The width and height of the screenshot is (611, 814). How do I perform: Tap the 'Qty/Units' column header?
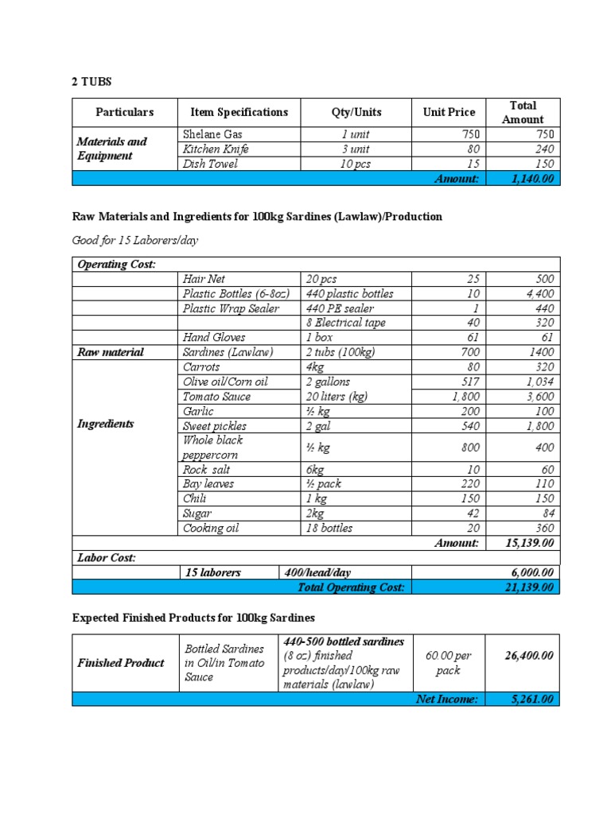point(356,112)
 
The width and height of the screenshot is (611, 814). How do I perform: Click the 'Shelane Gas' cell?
point(212,134)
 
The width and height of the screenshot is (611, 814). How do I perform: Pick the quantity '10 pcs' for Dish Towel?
point(356,164)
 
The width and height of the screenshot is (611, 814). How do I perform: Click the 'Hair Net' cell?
point(204,279)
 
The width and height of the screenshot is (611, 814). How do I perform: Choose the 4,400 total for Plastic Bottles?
point(538,294)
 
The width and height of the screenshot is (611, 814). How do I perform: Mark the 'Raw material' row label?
point(110,352)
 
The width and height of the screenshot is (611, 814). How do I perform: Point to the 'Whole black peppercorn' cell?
point(213,448)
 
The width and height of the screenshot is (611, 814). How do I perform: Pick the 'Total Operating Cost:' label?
point(351,587)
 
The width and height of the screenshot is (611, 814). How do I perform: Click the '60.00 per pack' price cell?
point(448,663)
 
